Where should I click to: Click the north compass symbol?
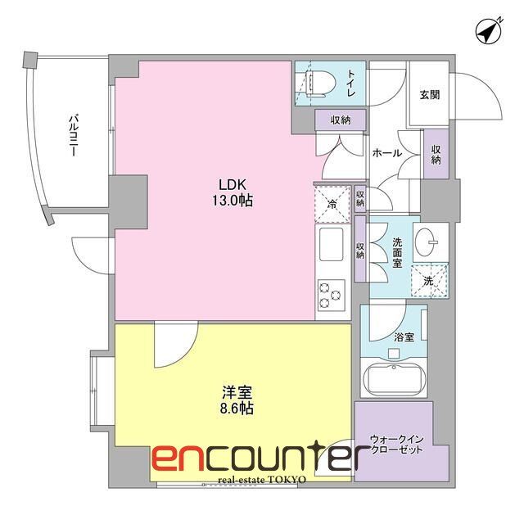(490, 31)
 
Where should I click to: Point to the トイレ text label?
(350, 82)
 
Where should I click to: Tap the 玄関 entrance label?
(429, 95)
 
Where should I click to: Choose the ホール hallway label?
(386, 152)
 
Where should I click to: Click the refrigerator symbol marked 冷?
(332, 202)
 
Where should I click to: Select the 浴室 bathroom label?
(404, 337)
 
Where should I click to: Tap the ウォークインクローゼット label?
(398, 443)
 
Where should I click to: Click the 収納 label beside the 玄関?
(437, 154)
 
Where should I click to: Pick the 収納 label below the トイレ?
(341, 120)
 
